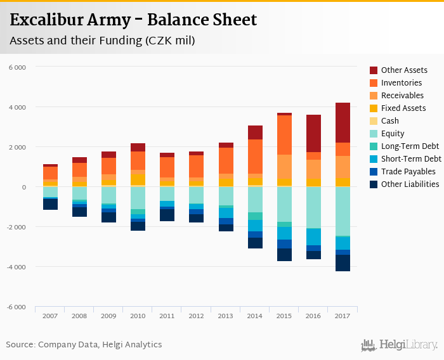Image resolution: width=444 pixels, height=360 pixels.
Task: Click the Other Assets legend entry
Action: [x=403, y=70]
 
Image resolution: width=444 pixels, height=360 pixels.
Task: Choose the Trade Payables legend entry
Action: [x=408, y=172]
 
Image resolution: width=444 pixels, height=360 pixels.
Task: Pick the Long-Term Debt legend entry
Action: [x=409, y=146]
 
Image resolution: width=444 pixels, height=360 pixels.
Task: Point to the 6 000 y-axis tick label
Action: [x=17, y=67]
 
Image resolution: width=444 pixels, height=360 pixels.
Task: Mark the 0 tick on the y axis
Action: [x=23, y=187]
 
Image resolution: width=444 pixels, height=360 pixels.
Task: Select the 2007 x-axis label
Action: [x=50, y=316]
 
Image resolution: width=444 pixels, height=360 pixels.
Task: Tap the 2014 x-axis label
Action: [x=255, y=316]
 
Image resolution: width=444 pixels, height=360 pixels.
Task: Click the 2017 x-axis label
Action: [x=343, y=316]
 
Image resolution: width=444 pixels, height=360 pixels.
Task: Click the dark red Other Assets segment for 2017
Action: [x=343, y=122]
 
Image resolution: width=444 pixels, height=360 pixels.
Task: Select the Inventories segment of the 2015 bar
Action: [x=284, y=135]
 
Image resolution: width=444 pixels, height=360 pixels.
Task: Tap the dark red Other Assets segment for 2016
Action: [x=313, y=133]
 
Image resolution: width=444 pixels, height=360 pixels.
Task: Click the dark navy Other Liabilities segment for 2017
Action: [x=343, y=263]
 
